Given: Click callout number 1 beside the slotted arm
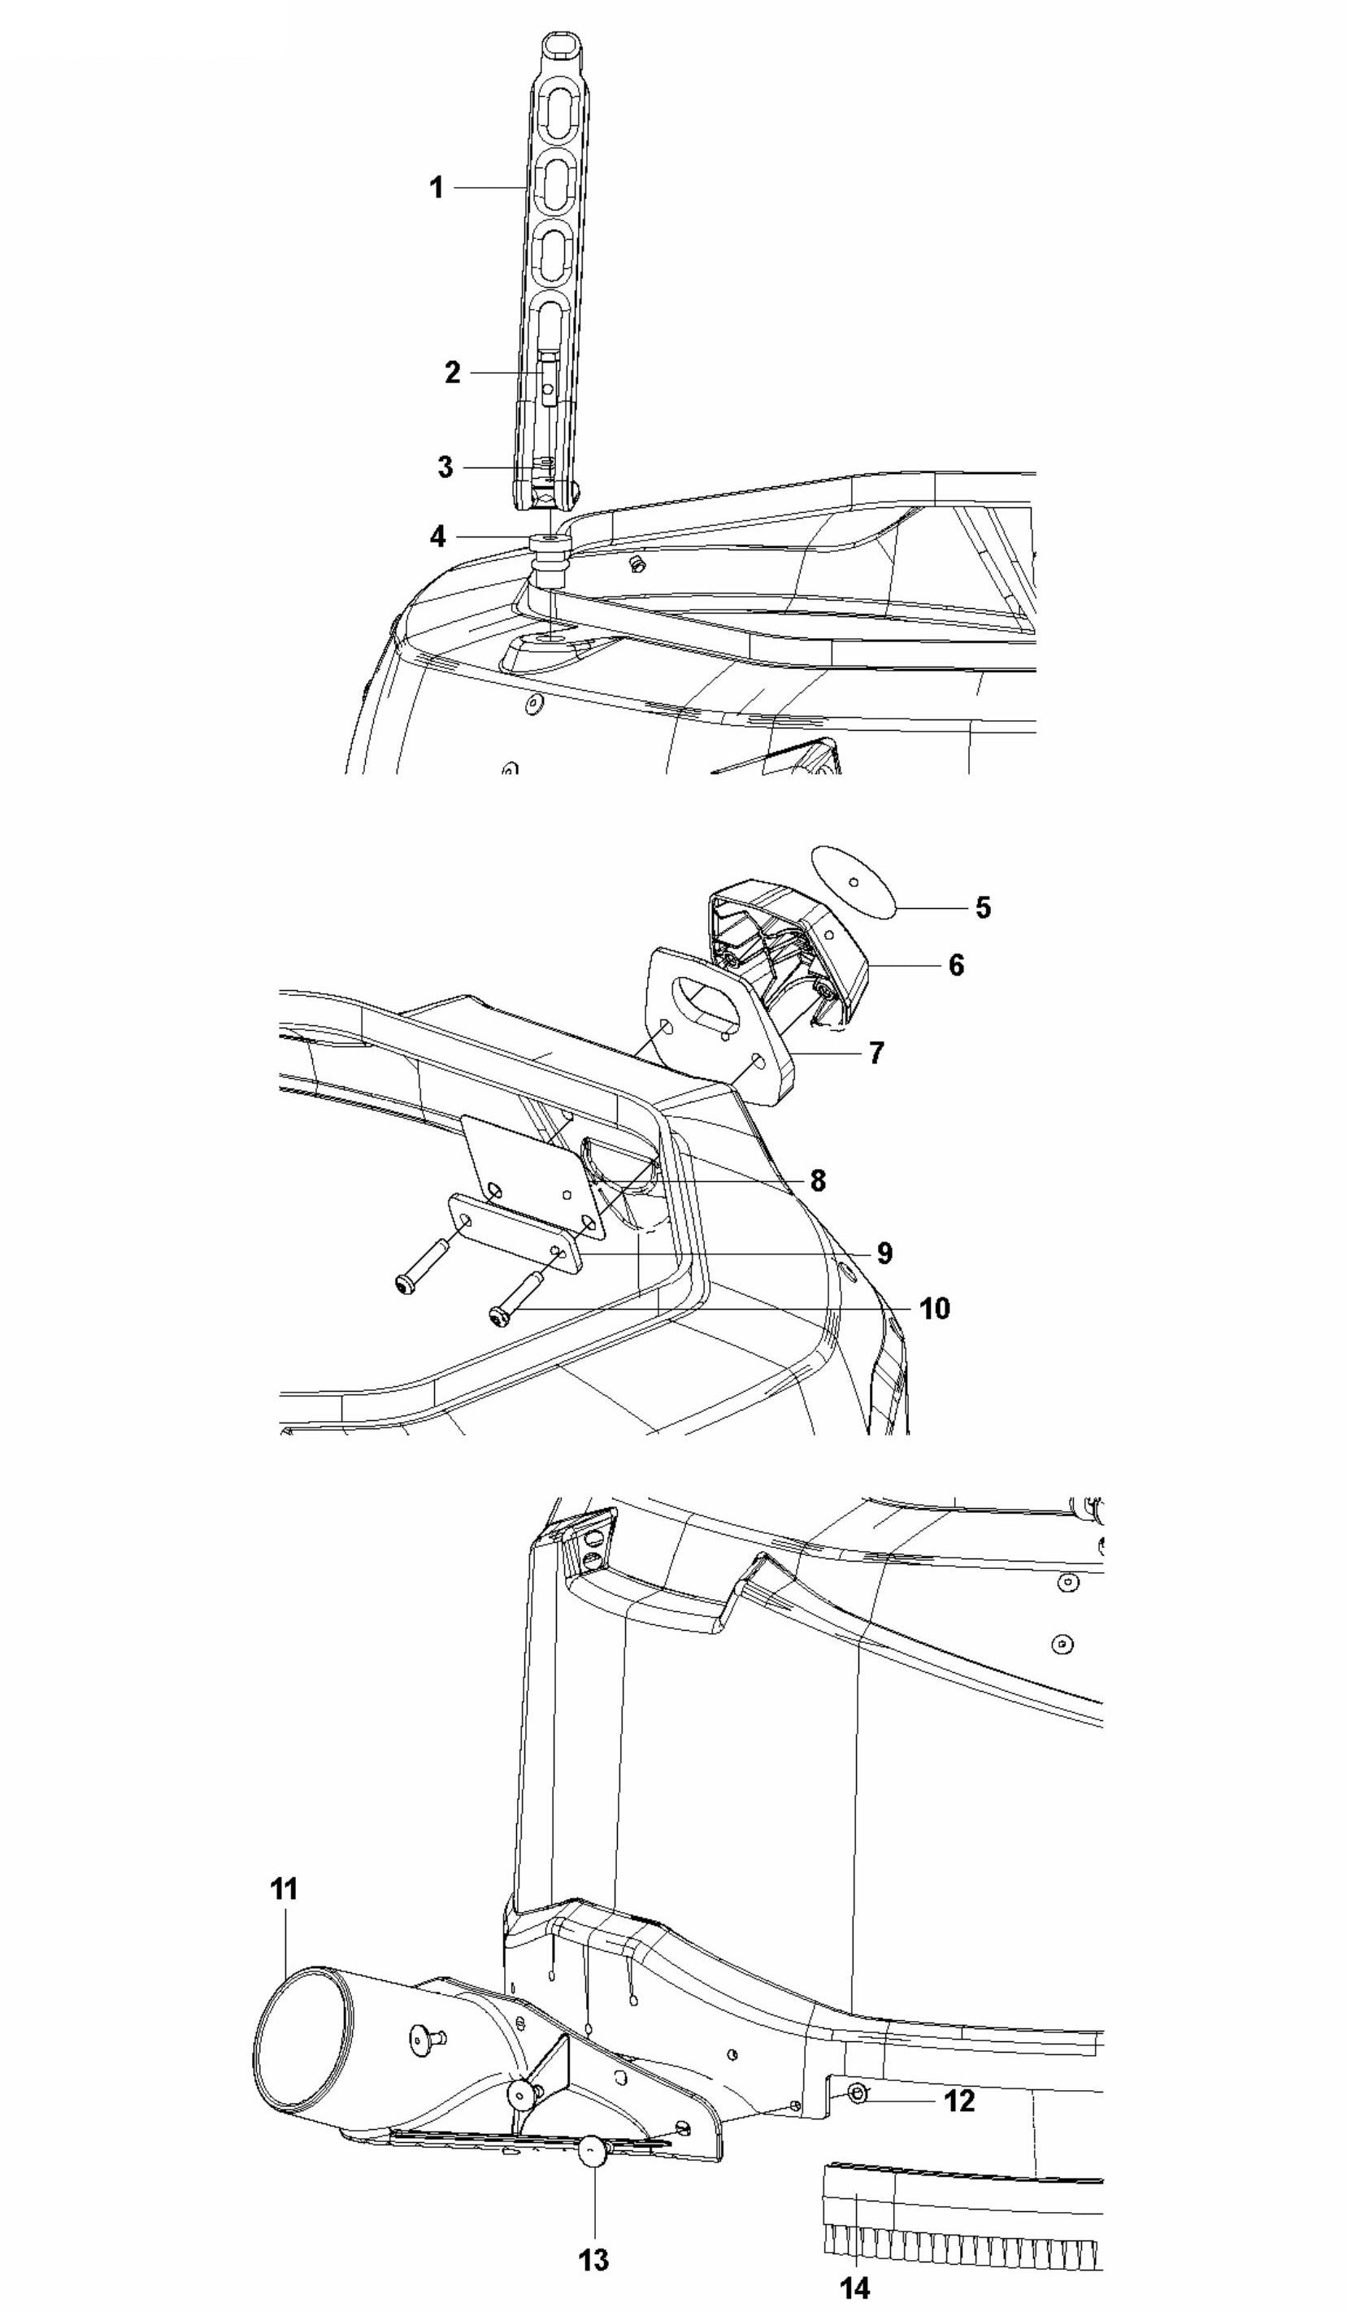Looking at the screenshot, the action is (437, 187).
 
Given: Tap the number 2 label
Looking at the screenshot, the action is (452, 372).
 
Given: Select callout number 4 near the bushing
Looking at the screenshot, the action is (439, 537).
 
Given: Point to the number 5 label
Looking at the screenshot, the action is (983, 907).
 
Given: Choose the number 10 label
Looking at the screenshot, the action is (935, 1308).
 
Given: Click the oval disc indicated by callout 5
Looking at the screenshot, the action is (854, 880).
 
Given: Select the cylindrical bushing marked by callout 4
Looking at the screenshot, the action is (550, 559).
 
